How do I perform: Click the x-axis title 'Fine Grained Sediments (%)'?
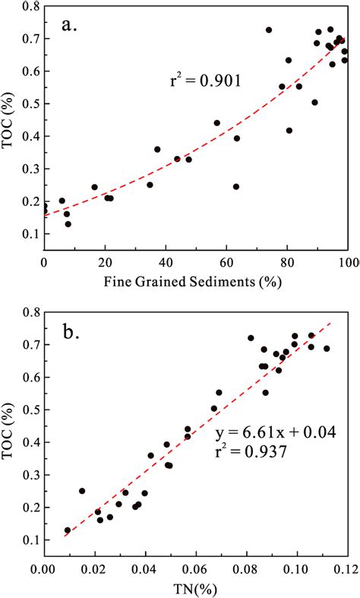coord(196,283)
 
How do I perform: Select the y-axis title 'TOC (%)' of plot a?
coord(9,125)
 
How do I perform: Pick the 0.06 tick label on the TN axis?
coord(195,567)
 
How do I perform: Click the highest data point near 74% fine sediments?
coord(269,30)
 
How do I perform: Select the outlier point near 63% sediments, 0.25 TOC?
coord(236,186)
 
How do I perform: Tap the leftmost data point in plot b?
coord(68,530)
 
